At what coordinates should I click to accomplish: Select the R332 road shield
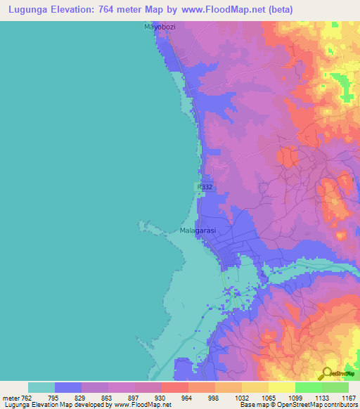(x=205, y=187)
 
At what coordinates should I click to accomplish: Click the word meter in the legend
(x=12, y=397)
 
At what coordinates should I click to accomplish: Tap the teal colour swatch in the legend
(x=41, y=387)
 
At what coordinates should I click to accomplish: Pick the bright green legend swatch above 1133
(x=308, y=387)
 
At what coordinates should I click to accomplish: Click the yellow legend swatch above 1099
(x=281, y=387)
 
